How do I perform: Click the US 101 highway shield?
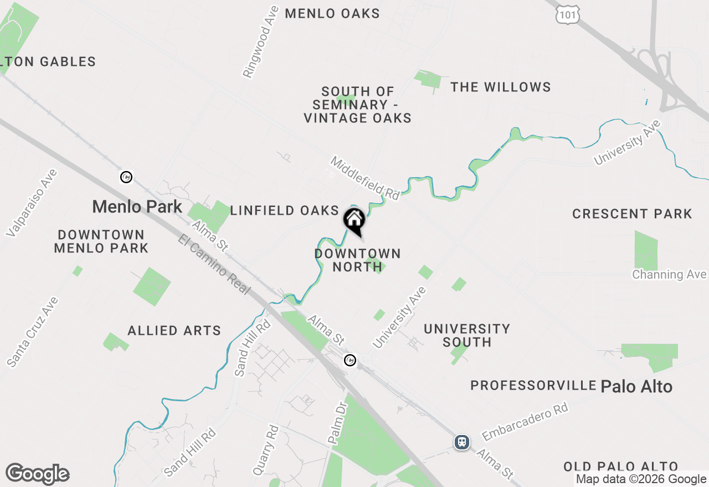568,15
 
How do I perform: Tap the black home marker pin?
354,221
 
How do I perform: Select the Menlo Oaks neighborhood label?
332,14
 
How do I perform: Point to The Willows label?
500,87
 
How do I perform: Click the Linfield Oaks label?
284,210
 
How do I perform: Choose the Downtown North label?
357,260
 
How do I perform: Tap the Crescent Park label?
632,214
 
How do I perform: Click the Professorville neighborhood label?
533,385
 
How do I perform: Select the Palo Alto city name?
636,386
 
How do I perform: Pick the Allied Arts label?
174,331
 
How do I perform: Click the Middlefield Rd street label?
365,178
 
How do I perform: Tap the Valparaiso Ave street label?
32,203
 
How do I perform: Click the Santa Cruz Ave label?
33,332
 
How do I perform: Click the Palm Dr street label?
336,424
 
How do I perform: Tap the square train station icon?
462,442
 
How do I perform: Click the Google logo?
37,474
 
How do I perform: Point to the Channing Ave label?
669,274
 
